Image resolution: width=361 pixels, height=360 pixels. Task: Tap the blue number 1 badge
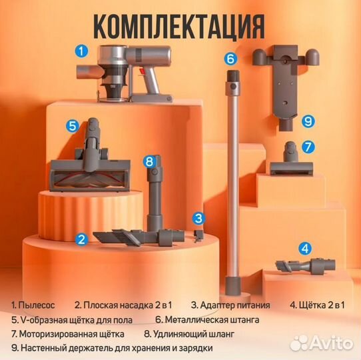click(x=81, y=49)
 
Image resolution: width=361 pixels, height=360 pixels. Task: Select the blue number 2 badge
click(x=81, y=239)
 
